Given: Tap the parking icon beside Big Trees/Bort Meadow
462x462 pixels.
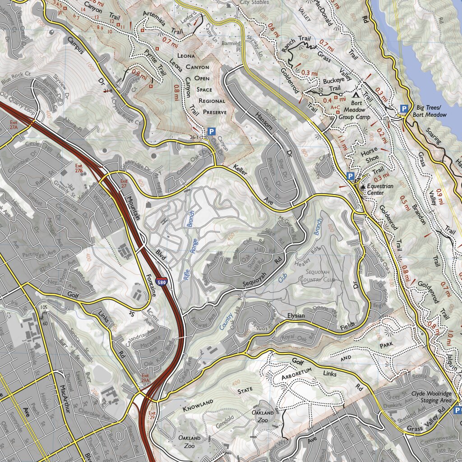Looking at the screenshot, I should click(x=404, y=109).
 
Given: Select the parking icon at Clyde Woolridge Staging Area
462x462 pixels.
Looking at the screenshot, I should click(x=457, y=410).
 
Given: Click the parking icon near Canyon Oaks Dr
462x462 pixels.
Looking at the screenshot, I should click(x=211, y=132).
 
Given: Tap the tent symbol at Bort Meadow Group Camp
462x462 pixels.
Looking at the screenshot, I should click(x=356, y=96).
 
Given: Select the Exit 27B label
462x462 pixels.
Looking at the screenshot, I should click(x=79, y=168).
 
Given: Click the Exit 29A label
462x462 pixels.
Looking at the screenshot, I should click(x=145, y=378).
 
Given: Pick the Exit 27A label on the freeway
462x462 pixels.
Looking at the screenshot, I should click(x=14, y=125).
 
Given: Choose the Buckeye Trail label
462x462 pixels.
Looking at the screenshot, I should click(x=331, y=85).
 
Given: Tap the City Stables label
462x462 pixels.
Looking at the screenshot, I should click(x=254, y=2).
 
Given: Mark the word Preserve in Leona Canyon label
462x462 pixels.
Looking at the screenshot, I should click(x=214, y=112).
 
